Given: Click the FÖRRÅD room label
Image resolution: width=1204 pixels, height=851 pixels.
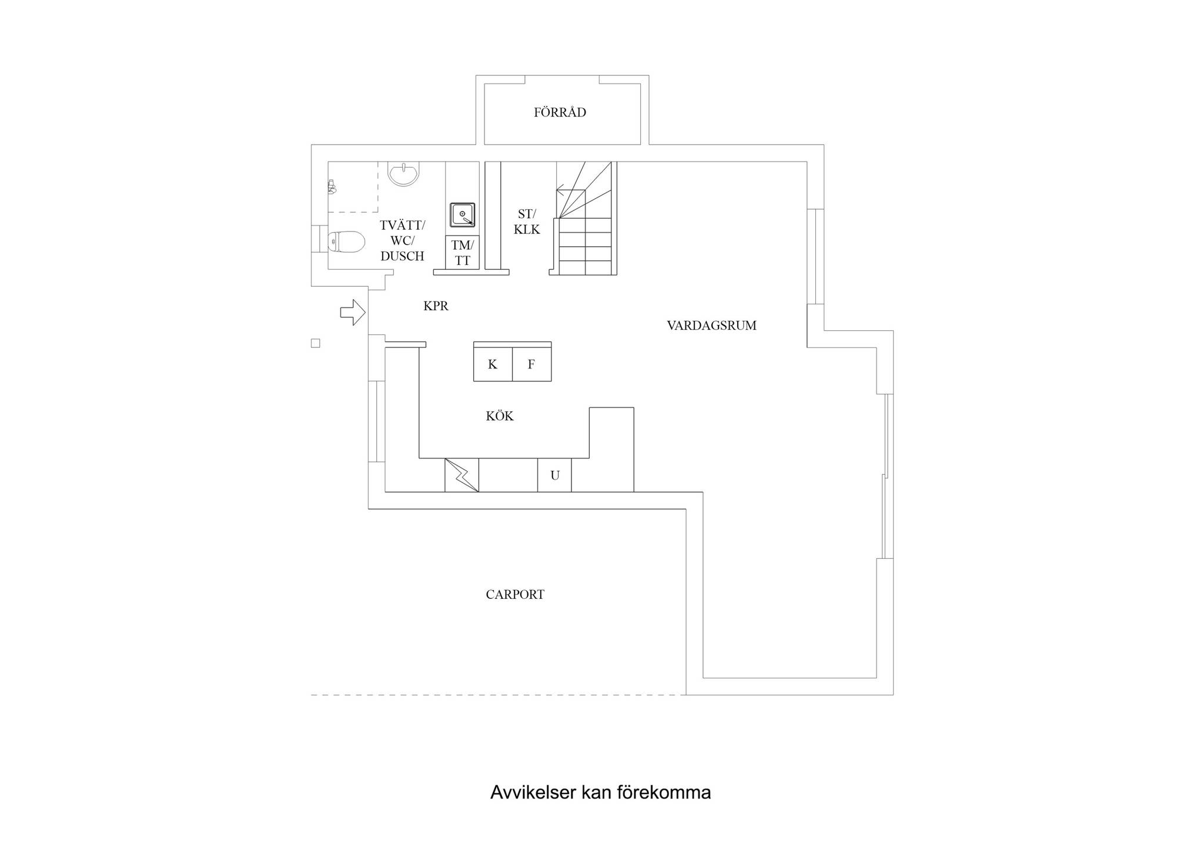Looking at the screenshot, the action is [x=560, y=112].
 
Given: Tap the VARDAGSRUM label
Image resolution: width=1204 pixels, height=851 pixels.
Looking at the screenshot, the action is [x=711, y=325].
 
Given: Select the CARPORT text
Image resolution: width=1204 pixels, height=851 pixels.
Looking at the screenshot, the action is [x=515, y=594].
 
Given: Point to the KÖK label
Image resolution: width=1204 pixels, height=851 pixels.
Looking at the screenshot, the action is [x=500, y=416].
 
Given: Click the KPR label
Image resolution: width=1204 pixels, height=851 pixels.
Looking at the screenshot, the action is [x=436, y=306].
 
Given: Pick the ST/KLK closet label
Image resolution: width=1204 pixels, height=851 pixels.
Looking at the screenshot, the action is [x=527, y=222].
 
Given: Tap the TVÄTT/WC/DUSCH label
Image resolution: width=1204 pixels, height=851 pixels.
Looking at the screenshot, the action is [x=402, y=240].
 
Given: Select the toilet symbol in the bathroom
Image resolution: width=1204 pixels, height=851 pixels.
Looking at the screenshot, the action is [x=346, y=241].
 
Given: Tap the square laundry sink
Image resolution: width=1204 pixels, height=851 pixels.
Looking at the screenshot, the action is [x=463, y=215].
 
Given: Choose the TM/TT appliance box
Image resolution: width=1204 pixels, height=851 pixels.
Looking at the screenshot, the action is [x=462, y=253].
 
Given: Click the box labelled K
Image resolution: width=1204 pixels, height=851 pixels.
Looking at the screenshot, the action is [x=493, y=364].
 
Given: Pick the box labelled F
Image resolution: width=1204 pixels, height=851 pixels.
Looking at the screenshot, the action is [x=531, y=364].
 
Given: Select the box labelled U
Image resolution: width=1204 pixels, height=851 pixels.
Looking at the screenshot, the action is [x=554, y=475].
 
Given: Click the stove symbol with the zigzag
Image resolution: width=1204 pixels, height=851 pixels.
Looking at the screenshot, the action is [x=462, y=475].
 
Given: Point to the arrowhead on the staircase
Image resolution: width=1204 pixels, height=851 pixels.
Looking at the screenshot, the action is [x=560, y=190].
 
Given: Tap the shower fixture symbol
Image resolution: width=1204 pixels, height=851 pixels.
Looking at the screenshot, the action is [x=332, y=187].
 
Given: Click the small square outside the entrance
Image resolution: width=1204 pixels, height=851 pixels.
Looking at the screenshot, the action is [x=316, y=343].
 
